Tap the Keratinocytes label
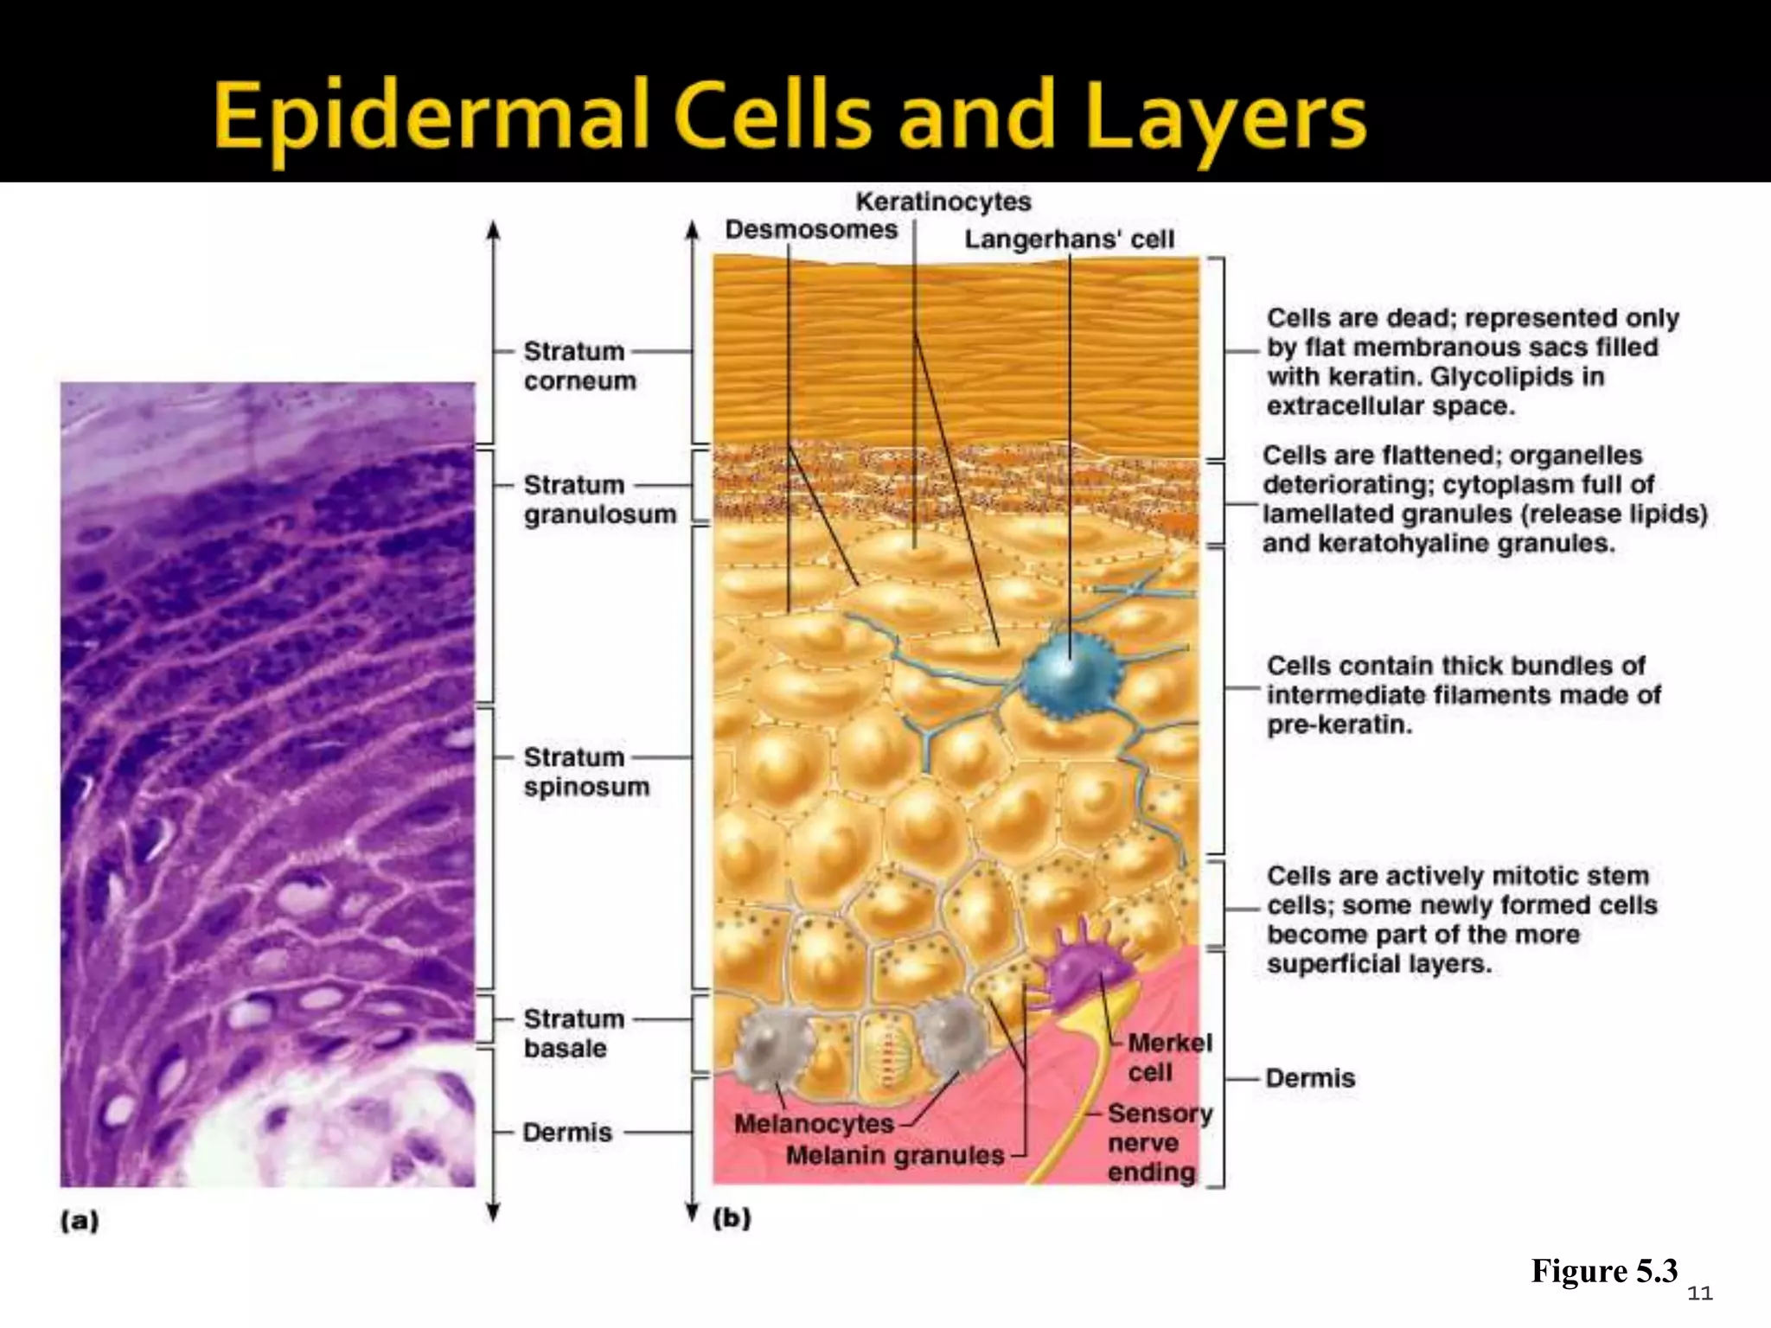pyautogui.click(x=943, y=202)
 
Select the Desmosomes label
pyautogui.click(x=811, y=230)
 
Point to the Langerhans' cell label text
pyautogui.click(x=1070, y=239)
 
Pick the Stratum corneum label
pyautogui.click(x=579, y=366)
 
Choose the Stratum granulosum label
pyautogui.click(x=599, y=500)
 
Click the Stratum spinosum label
pyautogui.click(x=585, y=771)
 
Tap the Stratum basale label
pyautogui.click(x=573, y=1033)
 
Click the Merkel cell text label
pyautogui.click(x=1169, y=1057)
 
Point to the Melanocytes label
pyautogui.click(x=813, y=1124)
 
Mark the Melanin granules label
pyautogui.click(x=895, y=1155)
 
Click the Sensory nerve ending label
pyautogui.click(x=1160, y=1142)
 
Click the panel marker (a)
pyautogui.click(x=80, y=1221)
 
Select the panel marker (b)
pyautogui.click(x=732, y=1218)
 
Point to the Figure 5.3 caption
pyautogui.click(x=1604, y=1271)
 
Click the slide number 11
pyautogui.click(x=1700, y=1293)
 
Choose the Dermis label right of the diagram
pyautogui.click(x=1310, y=1078)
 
